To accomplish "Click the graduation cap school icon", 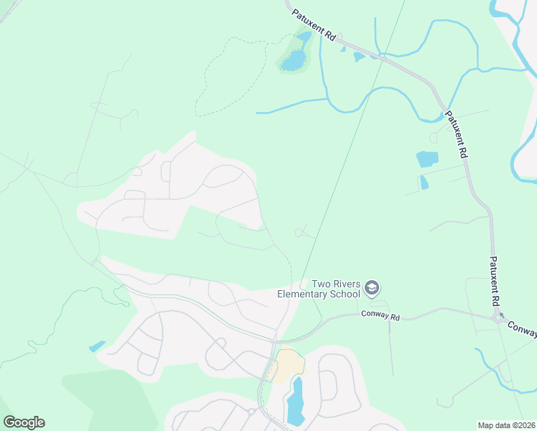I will pos(371,289).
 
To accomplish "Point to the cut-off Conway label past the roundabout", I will pos(523,328).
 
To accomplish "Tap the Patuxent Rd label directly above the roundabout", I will pos(495,282).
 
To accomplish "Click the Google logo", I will pos(24,422).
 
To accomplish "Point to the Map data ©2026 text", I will pos(506,425).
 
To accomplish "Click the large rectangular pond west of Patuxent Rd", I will pos(426,159).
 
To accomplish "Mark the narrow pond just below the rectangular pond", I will pos(424,182).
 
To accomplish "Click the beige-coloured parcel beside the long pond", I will pos(286,364).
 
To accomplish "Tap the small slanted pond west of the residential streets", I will pos(97,346).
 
